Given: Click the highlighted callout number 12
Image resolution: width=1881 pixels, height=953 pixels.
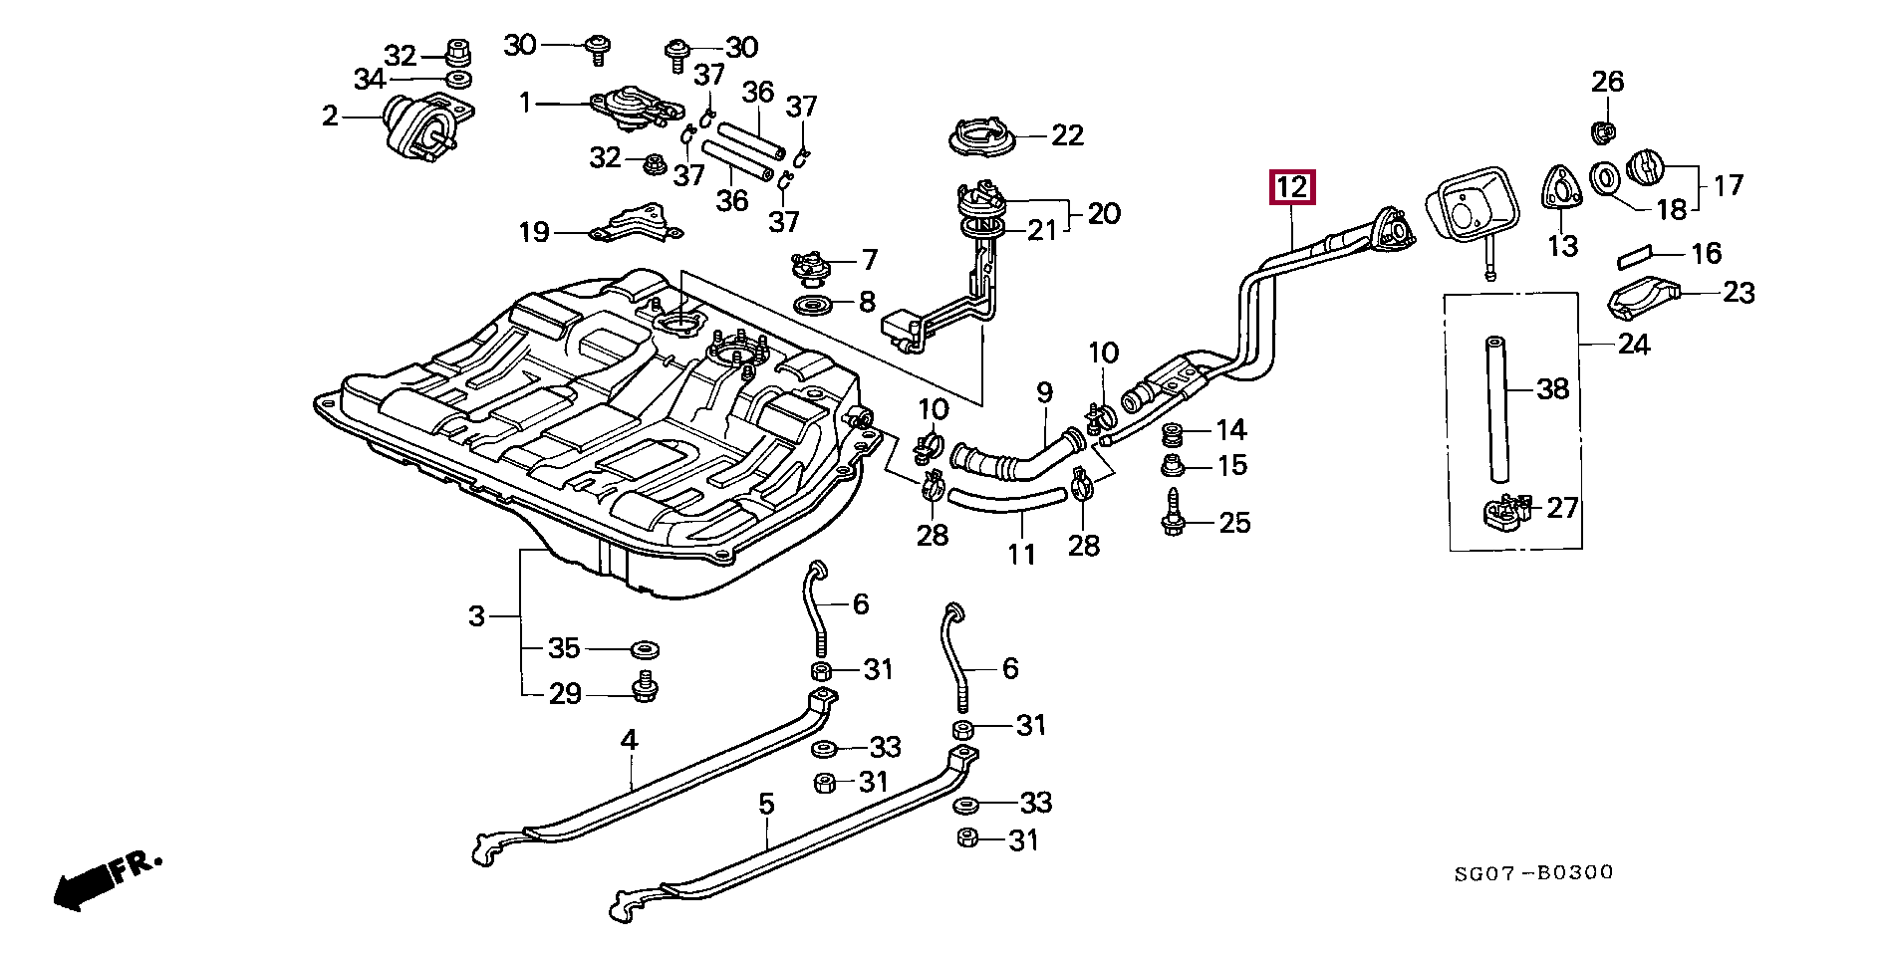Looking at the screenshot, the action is pyautogui.click(x=1291, y=187).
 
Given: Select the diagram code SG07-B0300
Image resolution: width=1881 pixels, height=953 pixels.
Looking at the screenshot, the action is pyautogui.click(x=1533, y=873).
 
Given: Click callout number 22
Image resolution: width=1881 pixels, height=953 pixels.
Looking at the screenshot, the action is pyautogui.click(x=1066, y=135).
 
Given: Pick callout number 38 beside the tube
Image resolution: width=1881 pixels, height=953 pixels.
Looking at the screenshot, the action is pyautogui.click(x=1552, y=388).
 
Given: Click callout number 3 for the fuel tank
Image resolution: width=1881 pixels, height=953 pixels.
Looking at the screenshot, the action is pyautogui.click(x=476, y=616).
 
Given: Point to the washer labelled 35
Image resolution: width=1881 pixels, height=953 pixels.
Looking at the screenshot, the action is pyautogui.click(x=645, y=649).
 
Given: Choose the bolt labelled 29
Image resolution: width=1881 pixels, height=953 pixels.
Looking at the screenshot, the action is pyautogui.click(x=645, y=686).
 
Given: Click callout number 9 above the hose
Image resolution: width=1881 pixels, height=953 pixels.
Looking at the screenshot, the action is pyautogui.click(x=1044, y=392).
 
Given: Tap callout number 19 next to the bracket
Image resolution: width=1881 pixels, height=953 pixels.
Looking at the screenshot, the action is pyautogui.click(x=534, y=232).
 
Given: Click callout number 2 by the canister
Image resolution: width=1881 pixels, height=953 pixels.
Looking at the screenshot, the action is pyautogui.click(x=331, y=117).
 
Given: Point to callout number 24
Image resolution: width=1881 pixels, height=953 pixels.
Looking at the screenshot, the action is pyautogui.click(x=1634, y=345).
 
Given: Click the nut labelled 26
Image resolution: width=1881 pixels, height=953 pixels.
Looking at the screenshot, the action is pyautogui.click(x=1600, y=129).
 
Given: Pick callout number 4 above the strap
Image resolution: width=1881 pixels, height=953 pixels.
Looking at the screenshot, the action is pyautogui.click(x=629, y=740).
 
